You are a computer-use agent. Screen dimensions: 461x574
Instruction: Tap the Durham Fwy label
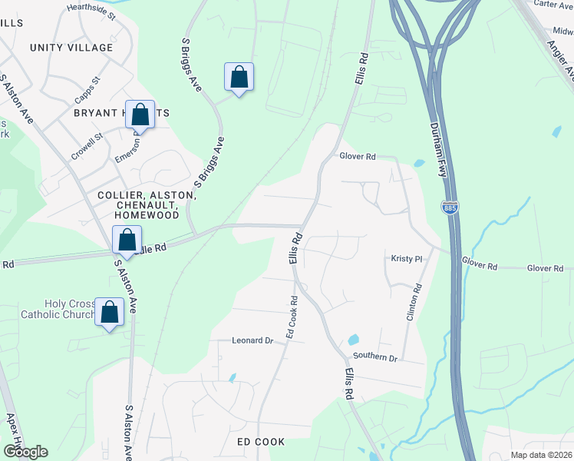[438, 151]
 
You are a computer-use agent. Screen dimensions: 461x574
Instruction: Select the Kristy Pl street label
[407, 260]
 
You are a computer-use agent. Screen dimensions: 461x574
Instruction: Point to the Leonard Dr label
[253, 340]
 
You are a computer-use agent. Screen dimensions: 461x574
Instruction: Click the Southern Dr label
[375, 358]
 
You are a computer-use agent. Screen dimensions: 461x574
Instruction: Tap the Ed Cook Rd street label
[291, 317]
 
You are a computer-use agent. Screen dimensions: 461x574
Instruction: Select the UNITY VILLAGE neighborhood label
[71, 48]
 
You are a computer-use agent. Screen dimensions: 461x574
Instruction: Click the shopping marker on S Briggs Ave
[239, 78]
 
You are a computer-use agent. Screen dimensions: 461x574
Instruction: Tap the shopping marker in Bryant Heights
[140, 115]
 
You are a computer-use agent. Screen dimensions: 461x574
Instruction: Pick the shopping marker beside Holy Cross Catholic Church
[110, 312]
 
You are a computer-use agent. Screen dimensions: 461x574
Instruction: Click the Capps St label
[88, 91]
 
